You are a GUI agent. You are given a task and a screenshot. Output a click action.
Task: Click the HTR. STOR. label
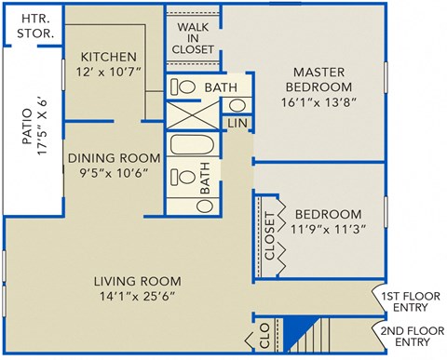(x=35, y=26)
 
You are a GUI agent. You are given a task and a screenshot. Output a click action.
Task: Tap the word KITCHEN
(x=108, y=57)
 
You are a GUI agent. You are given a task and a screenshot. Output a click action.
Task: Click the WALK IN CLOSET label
(x=194, y=36)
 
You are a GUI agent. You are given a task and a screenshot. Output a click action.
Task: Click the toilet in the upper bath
(x=184, y=87)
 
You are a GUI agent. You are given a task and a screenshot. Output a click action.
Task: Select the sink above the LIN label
(x=237, y=103)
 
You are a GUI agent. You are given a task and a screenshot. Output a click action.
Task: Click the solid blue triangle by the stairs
(x=297, y=329)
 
